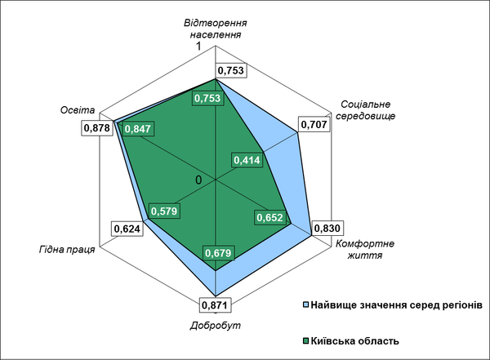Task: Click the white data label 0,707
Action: (314, 125)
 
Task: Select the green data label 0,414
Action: (246, 160)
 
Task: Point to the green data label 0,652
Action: (269, 218)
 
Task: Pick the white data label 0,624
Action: (127, 229)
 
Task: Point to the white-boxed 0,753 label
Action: (229, 71)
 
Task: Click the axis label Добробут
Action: (216, 326)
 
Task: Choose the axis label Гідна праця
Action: (66, 249)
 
